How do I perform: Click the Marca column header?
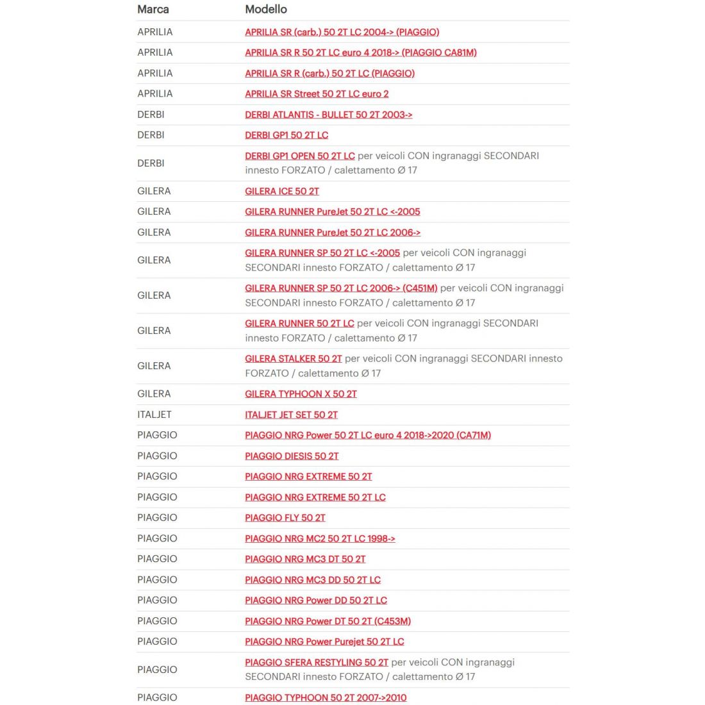[153, 10]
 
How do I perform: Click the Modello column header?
[266, 10]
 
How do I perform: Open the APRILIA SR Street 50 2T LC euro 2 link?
[317, 94]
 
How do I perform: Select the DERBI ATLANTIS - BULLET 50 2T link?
[328, 115]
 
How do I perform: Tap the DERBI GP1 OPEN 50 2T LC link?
[299, 156]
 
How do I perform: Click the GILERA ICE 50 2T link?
[282, 191]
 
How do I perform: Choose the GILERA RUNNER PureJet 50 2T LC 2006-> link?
[333, 233]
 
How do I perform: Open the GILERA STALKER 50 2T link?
[293, 359]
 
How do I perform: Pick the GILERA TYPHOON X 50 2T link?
[301, 394]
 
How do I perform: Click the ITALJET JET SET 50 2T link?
[291, 415]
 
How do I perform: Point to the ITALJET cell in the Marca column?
[154, 415]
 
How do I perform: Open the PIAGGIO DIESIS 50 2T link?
[292, 456]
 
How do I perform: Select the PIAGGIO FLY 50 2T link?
[285, 518]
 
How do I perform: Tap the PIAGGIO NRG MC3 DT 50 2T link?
[305, 559]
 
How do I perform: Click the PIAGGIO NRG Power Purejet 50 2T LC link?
[324, 642]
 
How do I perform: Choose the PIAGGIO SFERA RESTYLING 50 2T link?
[317, 662]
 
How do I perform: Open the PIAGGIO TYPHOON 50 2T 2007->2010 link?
[326, 697]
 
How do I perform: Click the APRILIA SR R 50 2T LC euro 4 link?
[361, 53]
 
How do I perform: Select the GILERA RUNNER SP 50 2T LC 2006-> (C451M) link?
[341, 288]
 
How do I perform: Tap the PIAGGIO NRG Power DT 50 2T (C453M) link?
[328, 621]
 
